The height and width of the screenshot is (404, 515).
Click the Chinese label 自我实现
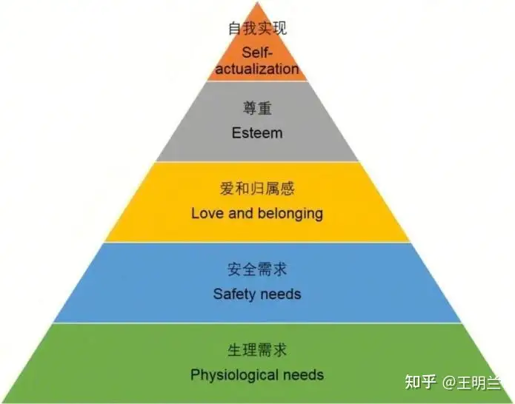pyautogui.click(x=257, y=30)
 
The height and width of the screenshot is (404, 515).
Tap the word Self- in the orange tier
pyautogui.click(x=256, y=53)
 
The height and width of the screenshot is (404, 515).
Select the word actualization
pyautogui.click(x=257, y=69)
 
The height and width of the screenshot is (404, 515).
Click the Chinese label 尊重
pyautogui.click(x=257, y=109)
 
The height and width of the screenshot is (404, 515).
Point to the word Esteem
pyautogui.click(x=257, y=133)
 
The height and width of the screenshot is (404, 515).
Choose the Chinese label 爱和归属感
pyautogui.click(x=257, y=189)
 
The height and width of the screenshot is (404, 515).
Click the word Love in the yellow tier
pyautogui.click(x=207, y=213)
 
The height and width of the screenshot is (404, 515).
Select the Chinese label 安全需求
pyautogui.click(x=257, y=269)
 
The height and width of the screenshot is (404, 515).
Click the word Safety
pyautogui.click(x=233, y=294)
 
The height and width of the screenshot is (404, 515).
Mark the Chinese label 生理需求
pyautogui.click(x=257, y=349)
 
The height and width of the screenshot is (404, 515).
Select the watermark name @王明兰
pyautogui.click(x=473, y=381)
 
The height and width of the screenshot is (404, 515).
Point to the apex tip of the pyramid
pyautogui.click(x=257, y=4)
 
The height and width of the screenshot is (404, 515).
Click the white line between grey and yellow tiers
pyautogui.click(x=257, y=162)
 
